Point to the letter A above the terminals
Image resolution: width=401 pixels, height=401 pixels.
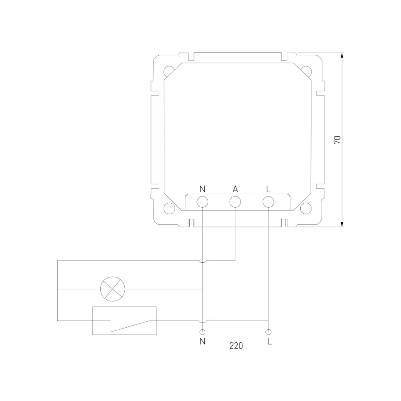[235, 189]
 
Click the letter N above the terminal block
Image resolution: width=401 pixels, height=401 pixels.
[202, 189]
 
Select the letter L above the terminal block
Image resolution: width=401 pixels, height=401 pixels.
[268, 189]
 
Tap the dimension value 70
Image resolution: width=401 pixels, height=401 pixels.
[337, 140]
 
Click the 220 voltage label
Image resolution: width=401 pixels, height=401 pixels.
[236, 346]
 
